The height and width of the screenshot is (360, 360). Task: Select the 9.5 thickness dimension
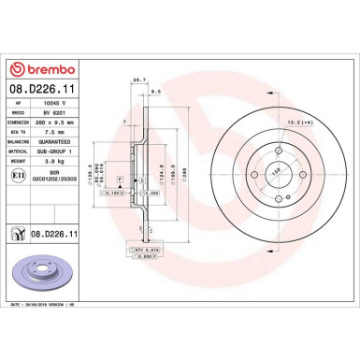click(x=155, y=92)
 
